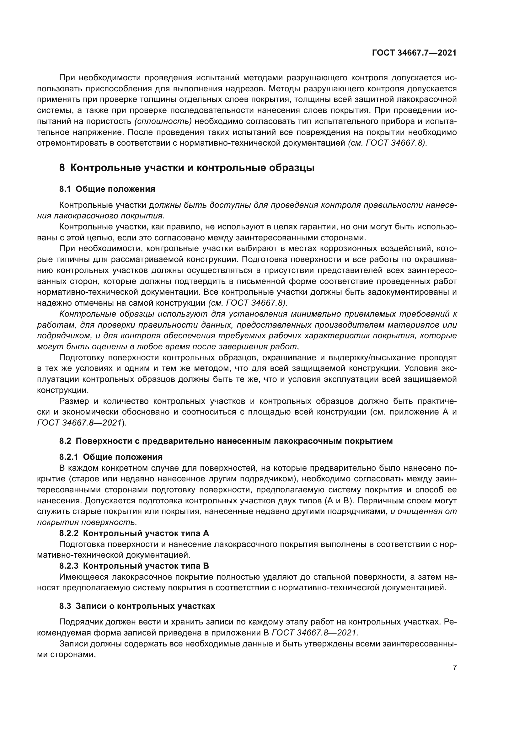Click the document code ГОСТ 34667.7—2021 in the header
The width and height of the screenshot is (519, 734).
point(414,53)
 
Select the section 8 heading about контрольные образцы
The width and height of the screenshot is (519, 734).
point(187,168)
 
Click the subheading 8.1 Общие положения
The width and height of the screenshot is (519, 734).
point(107,189)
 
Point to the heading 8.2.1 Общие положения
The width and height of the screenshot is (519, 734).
point(111,457)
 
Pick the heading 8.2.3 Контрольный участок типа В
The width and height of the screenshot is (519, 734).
point(134,566)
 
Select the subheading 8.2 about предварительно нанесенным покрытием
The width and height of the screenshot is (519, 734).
point(226,441)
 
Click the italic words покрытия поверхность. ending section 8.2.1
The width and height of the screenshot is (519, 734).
point(87,522)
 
